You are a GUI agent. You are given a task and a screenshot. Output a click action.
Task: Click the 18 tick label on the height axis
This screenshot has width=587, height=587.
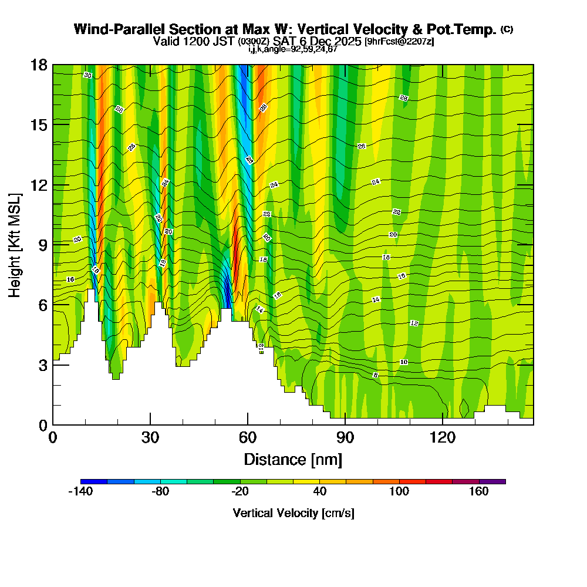tap(38, 65)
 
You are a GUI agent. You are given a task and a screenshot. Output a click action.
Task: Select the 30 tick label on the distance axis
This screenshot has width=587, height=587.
tap(150, 438)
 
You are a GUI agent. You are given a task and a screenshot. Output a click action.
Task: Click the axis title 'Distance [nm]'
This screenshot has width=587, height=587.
tap(293, 459)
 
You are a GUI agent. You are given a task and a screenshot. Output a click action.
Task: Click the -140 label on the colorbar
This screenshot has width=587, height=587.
tap(80, 492)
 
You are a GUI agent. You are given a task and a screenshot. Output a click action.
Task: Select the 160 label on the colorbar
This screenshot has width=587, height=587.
tap(479, 492)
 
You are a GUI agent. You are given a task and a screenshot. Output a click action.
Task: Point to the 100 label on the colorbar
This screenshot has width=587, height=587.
tap(399, 492)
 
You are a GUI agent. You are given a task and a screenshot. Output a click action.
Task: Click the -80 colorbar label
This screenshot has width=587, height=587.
tap(160, 492)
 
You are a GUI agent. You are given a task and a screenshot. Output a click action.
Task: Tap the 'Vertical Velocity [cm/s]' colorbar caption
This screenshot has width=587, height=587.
tap(293, 513)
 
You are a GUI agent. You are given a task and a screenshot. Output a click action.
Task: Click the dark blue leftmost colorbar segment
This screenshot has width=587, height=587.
tap(94, 481)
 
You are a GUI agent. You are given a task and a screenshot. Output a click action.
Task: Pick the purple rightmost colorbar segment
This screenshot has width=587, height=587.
tap(492, 481)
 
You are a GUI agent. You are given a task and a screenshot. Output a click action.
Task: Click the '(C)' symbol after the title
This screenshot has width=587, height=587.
tap(507, 29)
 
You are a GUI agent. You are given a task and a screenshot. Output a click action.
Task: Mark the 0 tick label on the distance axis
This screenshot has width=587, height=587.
tap(53, 438)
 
